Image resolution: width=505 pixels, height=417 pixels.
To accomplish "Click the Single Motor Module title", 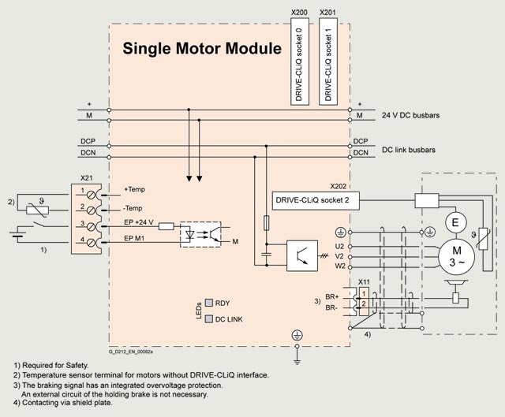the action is tap(202, 48).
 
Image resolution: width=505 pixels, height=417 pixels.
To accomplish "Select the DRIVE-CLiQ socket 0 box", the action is tap(300, 61).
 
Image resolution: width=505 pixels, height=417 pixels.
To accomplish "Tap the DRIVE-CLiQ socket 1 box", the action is tap(328, 61).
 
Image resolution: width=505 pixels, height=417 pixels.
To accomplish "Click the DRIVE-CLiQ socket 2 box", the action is tap(316, 201).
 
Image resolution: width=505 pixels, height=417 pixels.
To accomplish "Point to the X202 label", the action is tap(339, 186).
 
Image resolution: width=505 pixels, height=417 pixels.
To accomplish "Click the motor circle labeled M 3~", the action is tap(456, 256).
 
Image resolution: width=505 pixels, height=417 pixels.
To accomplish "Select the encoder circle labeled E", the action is tap(455, 222).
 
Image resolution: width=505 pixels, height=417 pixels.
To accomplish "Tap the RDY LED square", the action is tap(209, 303).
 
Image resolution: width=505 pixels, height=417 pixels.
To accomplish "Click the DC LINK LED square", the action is tap(209, 319).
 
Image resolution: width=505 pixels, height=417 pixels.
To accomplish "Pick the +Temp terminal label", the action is tap(135, 189).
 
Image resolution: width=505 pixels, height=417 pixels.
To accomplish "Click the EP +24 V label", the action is tap(139, 222).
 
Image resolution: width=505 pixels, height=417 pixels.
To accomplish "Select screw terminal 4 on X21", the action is tap(92, 243).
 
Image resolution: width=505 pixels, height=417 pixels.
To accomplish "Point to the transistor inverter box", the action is tap(302, 255).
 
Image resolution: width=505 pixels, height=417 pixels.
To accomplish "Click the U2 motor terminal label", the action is tap(339, 247).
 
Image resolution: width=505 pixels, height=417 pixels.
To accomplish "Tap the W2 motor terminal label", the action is tap(340, 266).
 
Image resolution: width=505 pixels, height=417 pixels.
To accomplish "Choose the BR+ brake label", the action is tap(331, 297).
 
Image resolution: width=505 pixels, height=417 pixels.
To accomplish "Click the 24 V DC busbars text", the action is tap(410, 115).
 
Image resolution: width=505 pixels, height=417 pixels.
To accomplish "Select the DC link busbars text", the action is tap(409, 150).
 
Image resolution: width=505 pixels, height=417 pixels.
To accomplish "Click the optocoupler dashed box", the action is tap(200, 235).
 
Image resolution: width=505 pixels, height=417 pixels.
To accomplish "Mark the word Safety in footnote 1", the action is tap(77, 366).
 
